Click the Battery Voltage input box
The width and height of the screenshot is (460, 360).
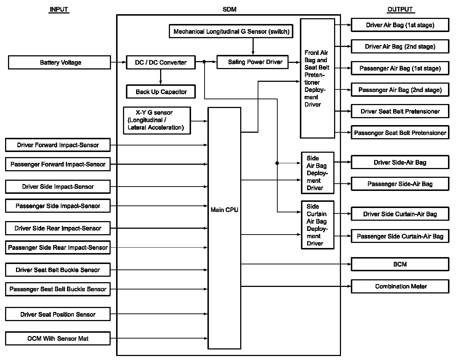(x=59, y=63)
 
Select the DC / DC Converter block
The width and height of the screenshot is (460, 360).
(x=160, y=63)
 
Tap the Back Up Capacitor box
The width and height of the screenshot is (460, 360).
(x=161, y=92)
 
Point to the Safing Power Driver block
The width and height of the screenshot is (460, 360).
(x=252, y=62)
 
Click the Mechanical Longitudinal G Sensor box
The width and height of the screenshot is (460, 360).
(x=231, y=32)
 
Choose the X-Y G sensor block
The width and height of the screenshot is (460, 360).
(x=157, y=120)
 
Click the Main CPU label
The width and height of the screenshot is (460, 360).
(x=224, y=210)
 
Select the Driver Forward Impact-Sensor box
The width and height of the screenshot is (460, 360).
(x=58, y=145)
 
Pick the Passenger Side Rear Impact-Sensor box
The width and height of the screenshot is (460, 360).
(x=58, y=248)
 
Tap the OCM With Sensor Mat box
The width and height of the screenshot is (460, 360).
(x=58, y=339)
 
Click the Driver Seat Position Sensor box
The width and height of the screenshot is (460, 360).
(x=58, y=315)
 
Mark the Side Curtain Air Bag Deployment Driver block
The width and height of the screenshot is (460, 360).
(x=317, y=225)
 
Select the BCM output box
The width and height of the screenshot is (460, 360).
(x=400, y=264)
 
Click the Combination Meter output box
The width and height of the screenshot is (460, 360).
(x=400, y=287)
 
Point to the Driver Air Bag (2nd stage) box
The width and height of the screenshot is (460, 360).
(x=400, y=47)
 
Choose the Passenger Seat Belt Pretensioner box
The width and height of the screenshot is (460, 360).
(x=400, y=133)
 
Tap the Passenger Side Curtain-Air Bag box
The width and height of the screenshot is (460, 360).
(x=400, y=236)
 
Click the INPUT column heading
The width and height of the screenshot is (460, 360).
(x=59, y=9)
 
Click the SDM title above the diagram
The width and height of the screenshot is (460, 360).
(x=229, y=9)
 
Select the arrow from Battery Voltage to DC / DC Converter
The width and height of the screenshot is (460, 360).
(x=118, y=63)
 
